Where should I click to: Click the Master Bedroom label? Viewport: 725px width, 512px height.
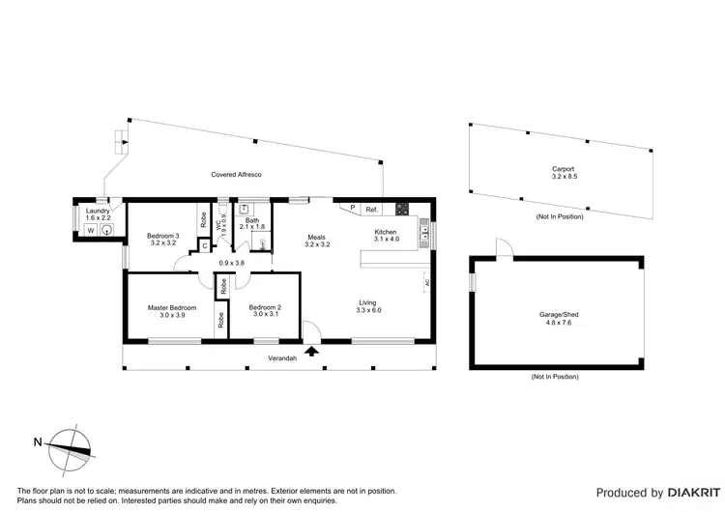172,307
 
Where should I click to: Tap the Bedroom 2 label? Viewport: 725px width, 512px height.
265,307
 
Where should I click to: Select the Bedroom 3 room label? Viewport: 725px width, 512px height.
162,236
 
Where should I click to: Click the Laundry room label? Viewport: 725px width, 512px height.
98,211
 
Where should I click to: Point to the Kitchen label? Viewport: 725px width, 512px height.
387,232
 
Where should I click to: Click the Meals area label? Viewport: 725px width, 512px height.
317,237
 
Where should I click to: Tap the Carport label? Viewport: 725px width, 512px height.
563,170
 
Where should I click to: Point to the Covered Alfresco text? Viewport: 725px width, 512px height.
237,174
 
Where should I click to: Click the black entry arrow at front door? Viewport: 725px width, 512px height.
311,352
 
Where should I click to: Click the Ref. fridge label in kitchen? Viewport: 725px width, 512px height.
371,209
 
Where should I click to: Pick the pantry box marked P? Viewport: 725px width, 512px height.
352,208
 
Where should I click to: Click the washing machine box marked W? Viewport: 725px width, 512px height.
91,231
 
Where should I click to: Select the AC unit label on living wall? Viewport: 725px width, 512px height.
427,283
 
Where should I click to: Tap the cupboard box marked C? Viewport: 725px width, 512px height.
205,245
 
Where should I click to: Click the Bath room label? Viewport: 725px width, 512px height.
252,221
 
